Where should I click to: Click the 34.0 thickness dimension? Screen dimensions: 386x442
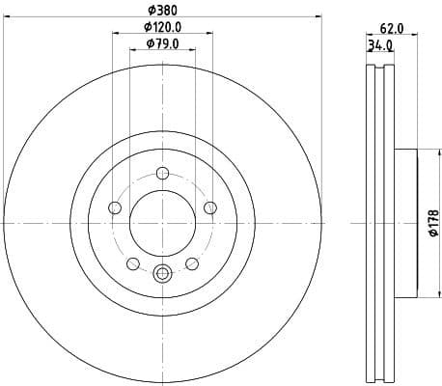point(380,44)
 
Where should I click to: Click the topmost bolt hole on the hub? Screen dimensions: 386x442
point(162,174)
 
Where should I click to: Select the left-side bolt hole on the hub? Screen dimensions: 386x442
point(115,207)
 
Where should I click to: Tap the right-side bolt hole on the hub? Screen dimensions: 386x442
point(208,207)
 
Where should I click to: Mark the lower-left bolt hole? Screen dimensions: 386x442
point(133,262)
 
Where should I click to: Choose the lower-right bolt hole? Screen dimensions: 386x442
point(191,262)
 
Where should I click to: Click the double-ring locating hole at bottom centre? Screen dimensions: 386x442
point(162,274)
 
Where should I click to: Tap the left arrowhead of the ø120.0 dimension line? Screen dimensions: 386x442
point(116,34)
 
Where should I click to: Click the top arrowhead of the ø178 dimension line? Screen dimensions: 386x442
point(419,150)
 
